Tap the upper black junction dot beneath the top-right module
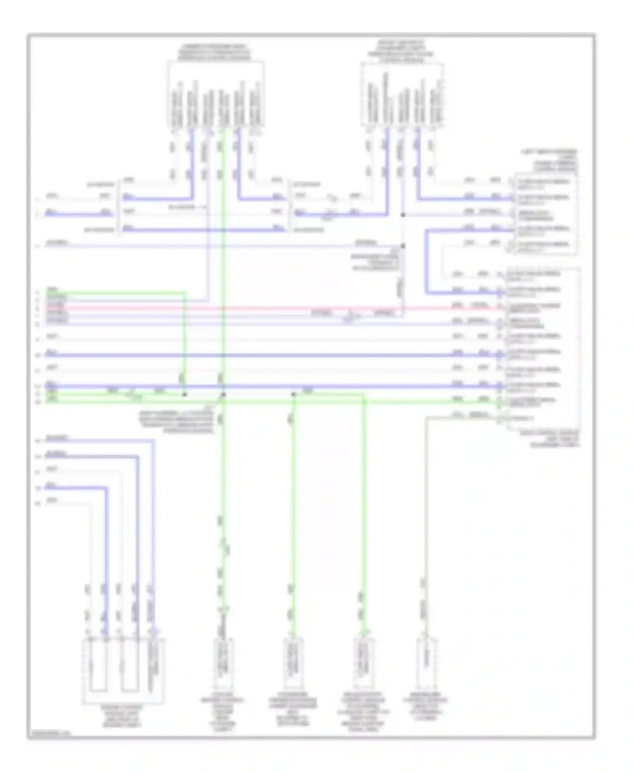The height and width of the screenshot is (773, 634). [x=403, y=215]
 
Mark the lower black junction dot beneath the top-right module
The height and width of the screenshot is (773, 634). [x=403, y=246]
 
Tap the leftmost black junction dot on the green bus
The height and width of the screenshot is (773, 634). [x=184, y=395]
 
